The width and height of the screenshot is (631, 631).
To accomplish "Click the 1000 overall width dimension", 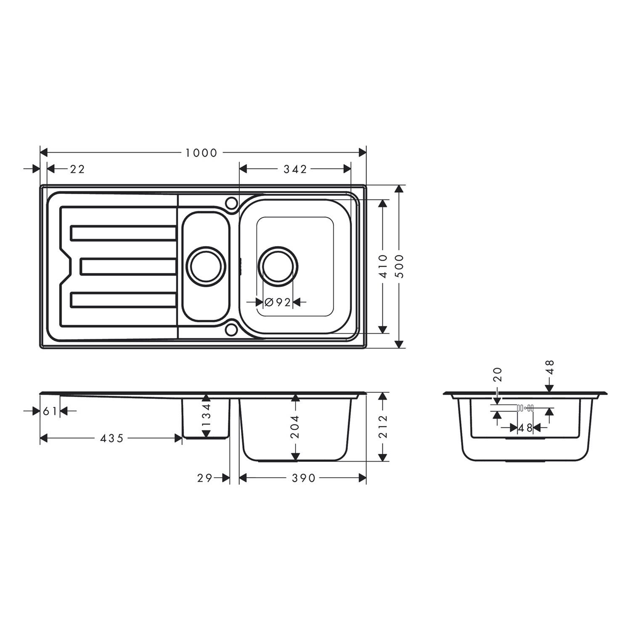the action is [x=201, y=153].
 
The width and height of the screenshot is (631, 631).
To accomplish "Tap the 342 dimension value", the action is [x=295, y=169].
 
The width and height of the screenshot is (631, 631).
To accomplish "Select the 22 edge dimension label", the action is [x=77, y=169].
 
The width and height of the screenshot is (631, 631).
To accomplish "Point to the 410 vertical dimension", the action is [x=383, y=266].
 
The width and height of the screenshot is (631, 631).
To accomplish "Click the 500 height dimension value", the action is [x=400, y=266].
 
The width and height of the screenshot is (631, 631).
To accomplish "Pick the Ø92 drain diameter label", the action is [x=278, y=302].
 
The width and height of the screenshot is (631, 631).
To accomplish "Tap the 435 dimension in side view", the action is [x=112, y=438].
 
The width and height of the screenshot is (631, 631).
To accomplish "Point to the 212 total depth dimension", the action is [x=383, y=427].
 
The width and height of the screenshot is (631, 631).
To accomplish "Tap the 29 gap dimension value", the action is [x=205, y=478].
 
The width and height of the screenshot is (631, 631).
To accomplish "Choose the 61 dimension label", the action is [x=50, y=411].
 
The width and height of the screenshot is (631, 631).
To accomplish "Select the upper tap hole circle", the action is [x=231, y=203].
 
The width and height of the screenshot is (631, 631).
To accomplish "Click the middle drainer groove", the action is [x=128, y=266].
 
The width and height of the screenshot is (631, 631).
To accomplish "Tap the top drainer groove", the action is [x=124, y=233].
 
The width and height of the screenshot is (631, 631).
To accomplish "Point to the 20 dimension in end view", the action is [x=497, y=374].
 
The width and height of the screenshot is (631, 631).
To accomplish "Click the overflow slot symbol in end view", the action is [x=525, y=408].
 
